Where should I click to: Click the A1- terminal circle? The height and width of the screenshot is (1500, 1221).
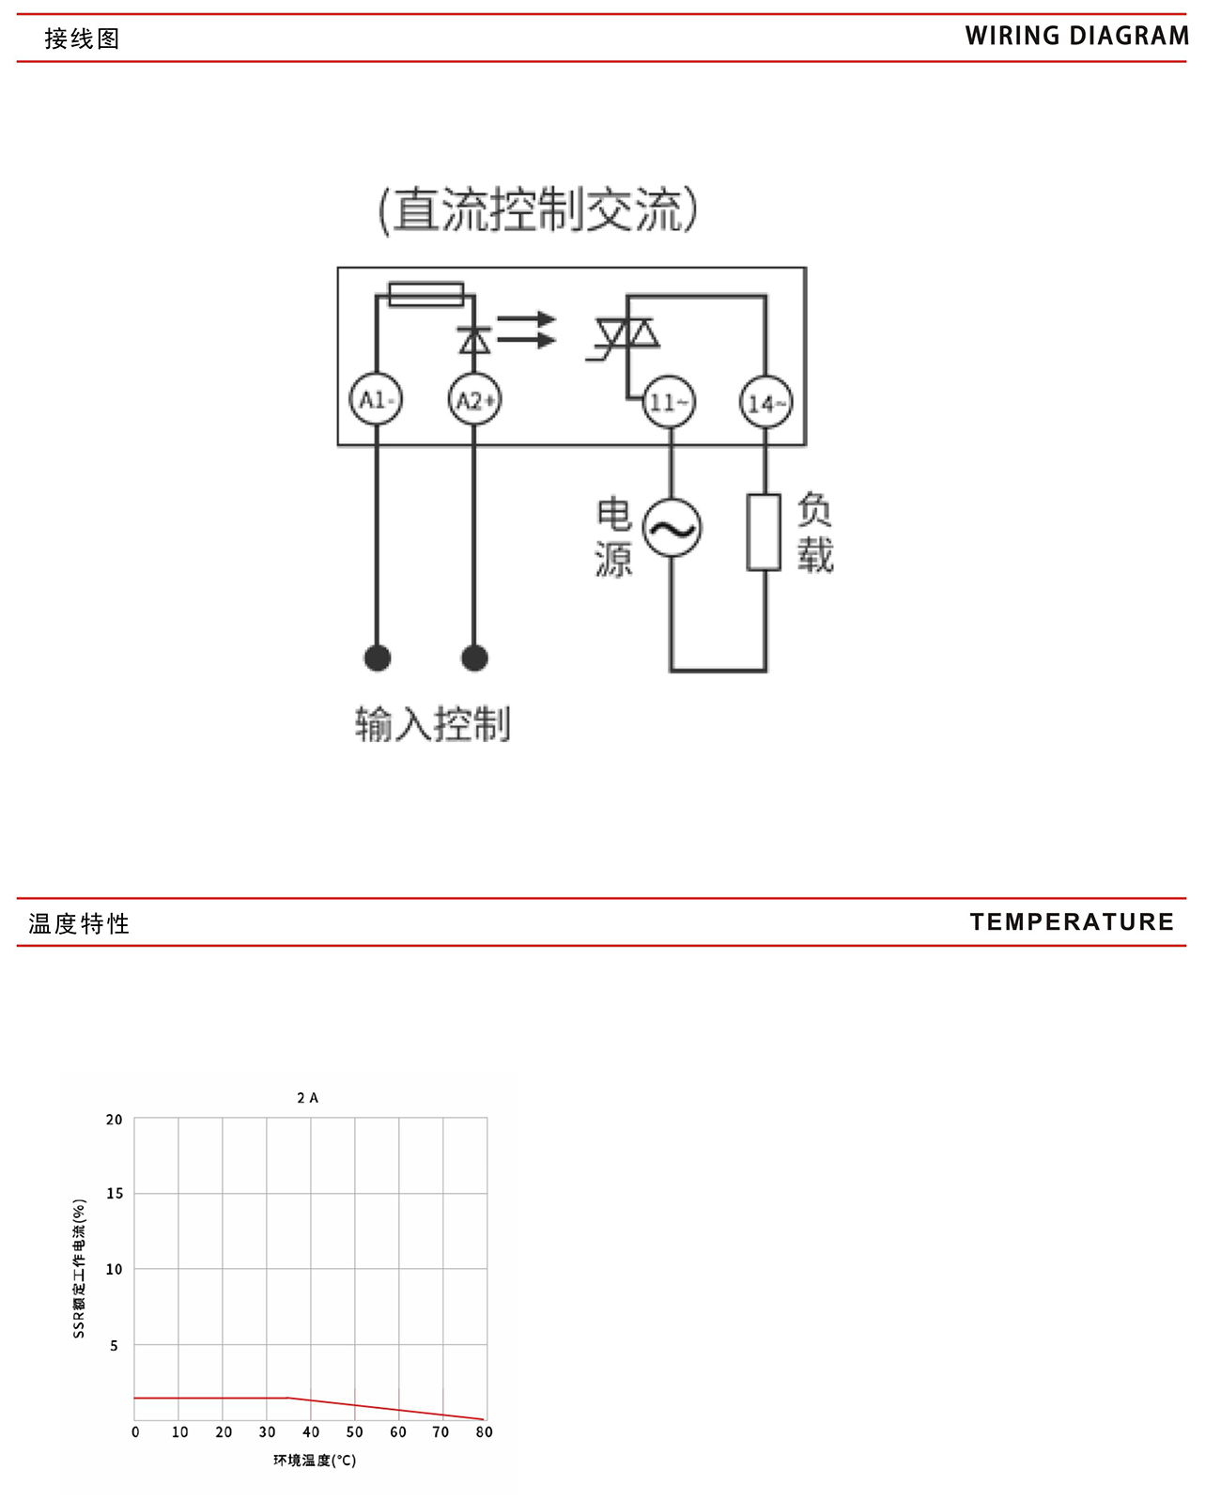point(376,400)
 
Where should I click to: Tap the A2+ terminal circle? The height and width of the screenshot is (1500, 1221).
point(474,401)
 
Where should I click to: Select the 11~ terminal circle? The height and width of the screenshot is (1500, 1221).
point(669,403)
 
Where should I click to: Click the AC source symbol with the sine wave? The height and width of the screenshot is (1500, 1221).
point(672,528)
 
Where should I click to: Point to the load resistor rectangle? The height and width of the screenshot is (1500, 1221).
point(764,532)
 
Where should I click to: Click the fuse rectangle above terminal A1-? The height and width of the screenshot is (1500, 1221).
point(425,294)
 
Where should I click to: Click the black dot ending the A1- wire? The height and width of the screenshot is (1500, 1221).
point(378,657)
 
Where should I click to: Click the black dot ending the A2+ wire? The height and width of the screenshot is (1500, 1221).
point(474,657)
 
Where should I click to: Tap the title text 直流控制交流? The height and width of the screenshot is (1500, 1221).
point(538,209)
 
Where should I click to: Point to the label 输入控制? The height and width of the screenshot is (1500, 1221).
point(433,724)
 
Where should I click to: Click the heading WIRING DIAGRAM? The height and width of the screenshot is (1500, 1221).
point(1076,37)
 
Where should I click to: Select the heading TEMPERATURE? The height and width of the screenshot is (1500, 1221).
point(1072,921)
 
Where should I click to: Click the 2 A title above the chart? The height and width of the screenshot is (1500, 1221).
point(308,1097)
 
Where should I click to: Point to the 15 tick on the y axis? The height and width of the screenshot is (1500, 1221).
point(115,1193)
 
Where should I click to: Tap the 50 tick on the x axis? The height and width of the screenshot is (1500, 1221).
point(354,1431)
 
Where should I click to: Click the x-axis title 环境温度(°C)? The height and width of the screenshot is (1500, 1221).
point(315,1460)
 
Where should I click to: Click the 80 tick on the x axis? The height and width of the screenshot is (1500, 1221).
point(484,1431)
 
